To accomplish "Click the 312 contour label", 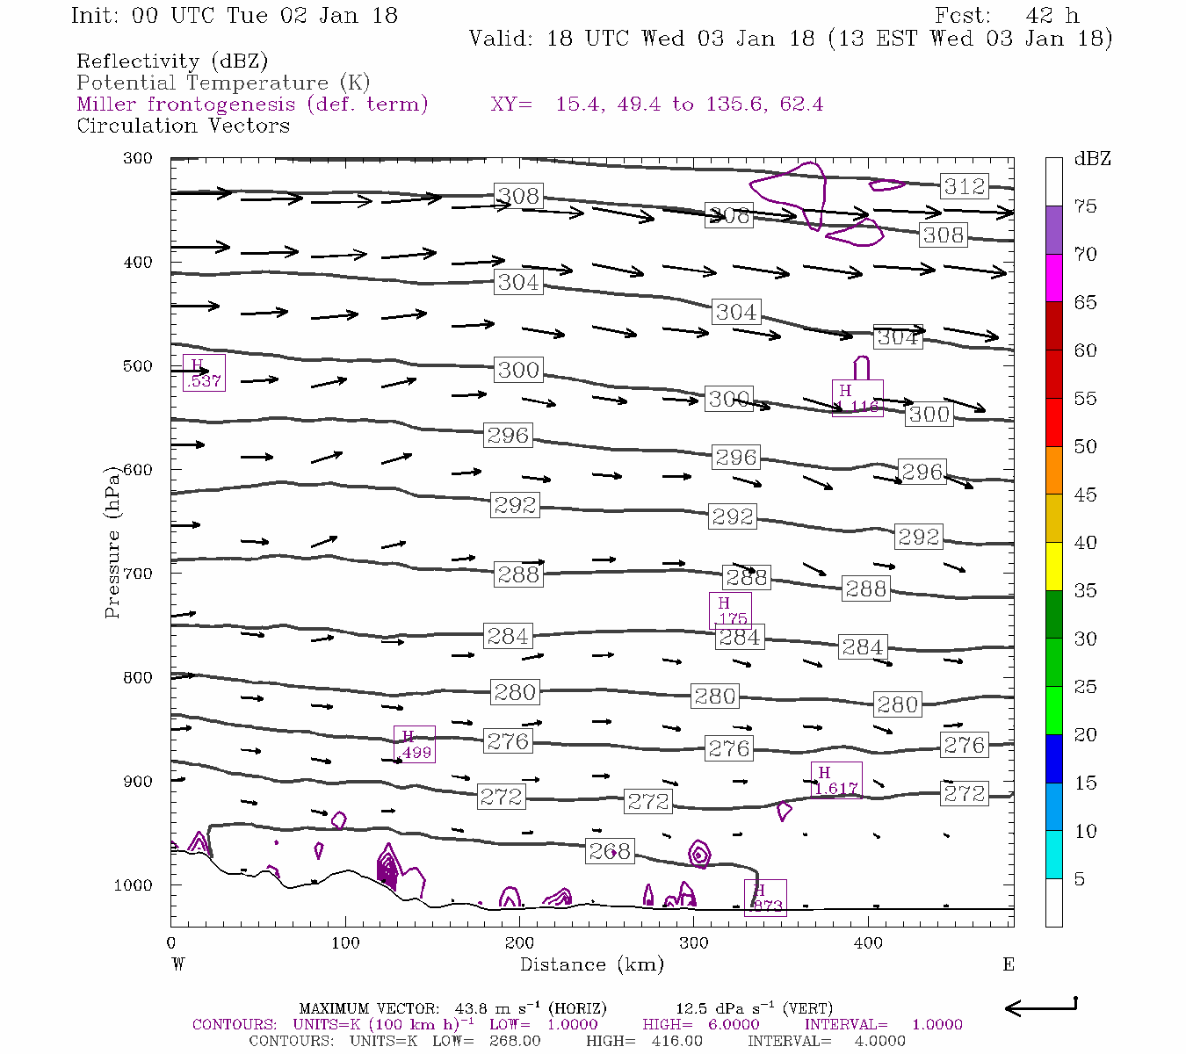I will coord(965,186).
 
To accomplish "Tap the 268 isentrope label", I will coord(609,851).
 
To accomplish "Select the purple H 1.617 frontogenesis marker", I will coord(835,780).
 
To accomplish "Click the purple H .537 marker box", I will coord(204,372).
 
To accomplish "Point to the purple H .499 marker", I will coord(415,744).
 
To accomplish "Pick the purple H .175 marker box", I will coord(730,610).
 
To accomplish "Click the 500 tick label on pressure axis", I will coord(135,366).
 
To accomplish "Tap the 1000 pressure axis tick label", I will coord(133,885).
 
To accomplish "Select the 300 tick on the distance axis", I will coord(694,943).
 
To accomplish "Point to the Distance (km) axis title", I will coord(591,964).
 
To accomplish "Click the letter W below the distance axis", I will coord(177,964).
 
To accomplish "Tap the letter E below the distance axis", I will coord(1008,964).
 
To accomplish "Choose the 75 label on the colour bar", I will coord(1085,206).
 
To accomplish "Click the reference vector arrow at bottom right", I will coord(1040,1007).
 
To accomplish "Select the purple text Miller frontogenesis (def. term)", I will coord(252,105).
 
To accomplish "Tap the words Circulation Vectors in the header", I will coord(183,126).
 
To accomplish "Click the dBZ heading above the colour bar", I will coord(1092,159).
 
